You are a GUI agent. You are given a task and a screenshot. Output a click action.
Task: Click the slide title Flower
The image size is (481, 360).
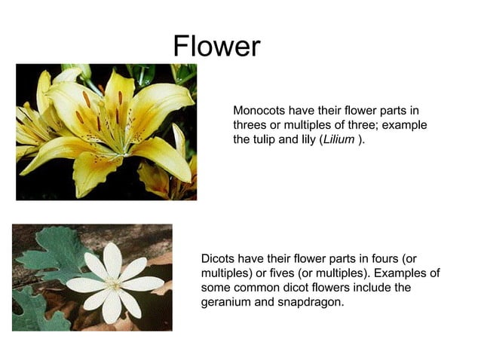(x=216, y=47)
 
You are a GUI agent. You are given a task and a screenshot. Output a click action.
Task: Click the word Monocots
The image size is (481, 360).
(x=259, y=111)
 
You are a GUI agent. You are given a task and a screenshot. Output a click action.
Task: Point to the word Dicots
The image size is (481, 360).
(x=218, y=258)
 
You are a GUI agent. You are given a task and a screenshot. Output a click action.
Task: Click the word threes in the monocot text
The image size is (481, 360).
(x=250, y=125)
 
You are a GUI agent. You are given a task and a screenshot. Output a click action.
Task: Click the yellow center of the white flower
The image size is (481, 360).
(x=113, y=284)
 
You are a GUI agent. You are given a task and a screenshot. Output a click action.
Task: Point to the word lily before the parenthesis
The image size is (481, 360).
(x=309, y=140)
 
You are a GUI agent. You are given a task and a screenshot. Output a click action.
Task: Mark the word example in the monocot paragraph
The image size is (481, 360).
(x=404, y=125)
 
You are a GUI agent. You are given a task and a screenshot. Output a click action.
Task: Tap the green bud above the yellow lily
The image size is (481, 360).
(x=76, y=71)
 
